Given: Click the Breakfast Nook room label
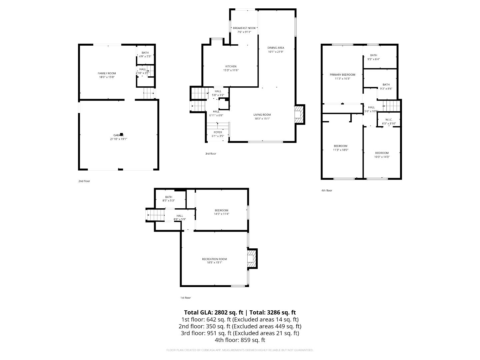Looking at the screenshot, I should (244, 28).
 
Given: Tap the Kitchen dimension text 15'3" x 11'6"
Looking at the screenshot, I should (231, 70).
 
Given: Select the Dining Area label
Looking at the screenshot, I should (276, 48).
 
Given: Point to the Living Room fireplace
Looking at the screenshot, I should (299, 114).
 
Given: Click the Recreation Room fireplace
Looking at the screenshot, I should (252, 258).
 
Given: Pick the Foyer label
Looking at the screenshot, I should (218, 132).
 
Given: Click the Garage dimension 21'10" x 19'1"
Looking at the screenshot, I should (119, 139).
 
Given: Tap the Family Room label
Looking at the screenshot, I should (107, 73).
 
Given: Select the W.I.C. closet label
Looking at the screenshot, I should (389, 120).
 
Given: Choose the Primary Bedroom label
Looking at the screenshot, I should (342, 75).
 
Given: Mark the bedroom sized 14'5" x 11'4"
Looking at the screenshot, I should (221, 212).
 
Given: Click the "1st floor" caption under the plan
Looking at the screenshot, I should (185, 298).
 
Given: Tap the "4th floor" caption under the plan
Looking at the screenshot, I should (327, 191).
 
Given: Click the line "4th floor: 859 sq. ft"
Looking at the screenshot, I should (240, 340).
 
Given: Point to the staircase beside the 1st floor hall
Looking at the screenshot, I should (156, 215).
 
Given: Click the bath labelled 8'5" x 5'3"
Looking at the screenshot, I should (168, 199).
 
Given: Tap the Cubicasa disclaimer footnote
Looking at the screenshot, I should (240, 350).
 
